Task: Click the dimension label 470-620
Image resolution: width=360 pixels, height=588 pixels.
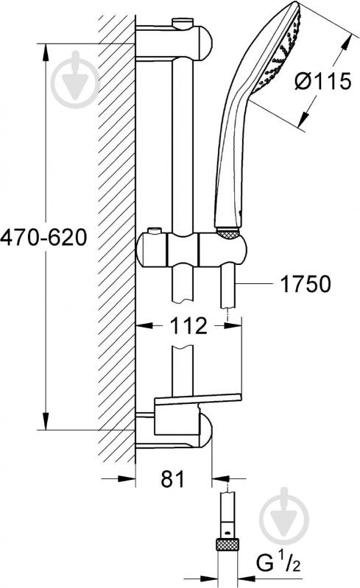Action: pyautogui.click(x=43, y=238)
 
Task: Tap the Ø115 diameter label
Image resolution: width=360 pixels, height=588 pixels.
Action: pyautogui.click(x=323, y=81)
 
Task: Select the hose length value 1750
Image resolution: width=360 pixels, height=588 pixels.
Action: pyautogui.click(x=306, y=284)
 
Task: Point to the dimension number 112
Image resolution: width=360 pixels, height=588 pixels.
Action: pyautogui.click(x=188, y=325)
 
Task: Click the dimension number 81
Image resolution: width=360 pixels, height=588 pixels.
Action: pyautogui.click(x=173, y=479)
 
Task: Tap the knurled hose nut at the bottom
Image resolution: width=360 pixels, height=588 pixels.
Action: pyautogui.click(x=227, y=543)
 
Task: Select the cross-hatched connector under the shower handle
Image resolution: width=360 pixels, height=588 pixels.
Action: pyautogui.click(x=227, y=234)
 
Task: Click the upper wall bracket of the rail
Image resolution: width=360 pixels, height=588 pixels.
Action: pyautogui.click(x=174, y=41)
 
